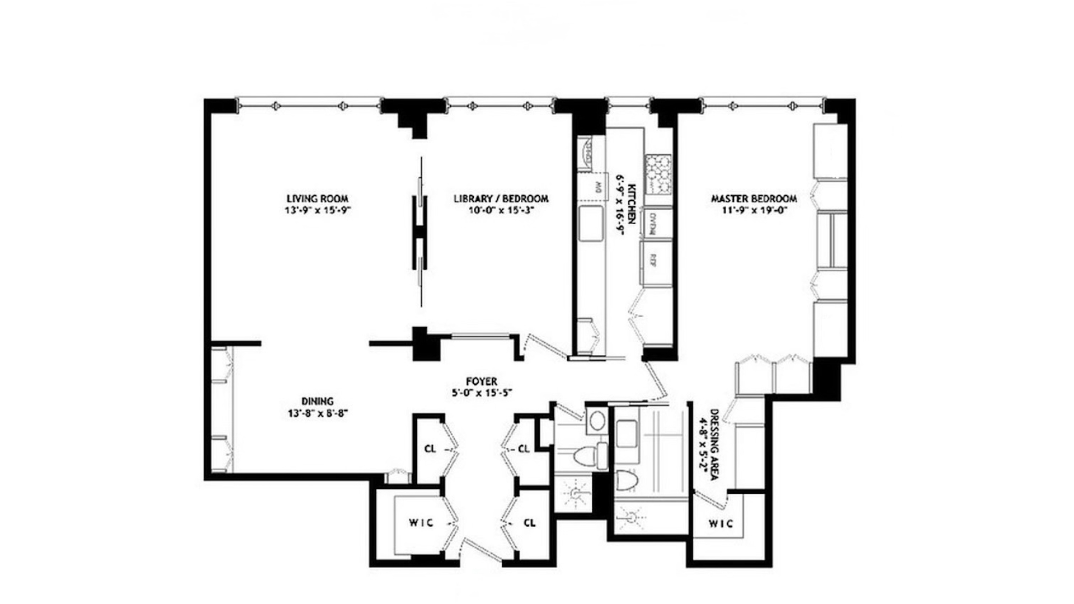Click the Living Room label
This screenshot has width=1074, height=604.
317,199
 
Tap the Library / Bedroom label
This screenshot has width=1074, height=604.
501,199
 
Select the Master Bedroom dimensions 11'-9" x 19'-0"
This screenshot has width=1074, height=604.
753,211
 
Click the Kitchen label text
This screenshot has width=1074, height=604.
631,204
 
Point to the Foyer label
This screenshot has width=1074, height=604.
481,382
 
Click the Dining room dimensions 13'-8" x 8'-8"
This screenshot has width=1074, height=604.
317,413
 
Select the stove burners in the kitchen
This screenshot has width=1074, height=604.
658,174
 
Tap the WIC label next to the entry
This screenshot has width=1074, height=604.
421,523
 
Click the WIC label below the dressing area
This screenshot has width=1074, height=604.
720,524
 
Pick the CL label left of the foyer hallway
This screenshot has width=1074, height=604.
430,449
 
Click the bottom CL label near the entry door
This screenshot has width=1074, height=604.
529,523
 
